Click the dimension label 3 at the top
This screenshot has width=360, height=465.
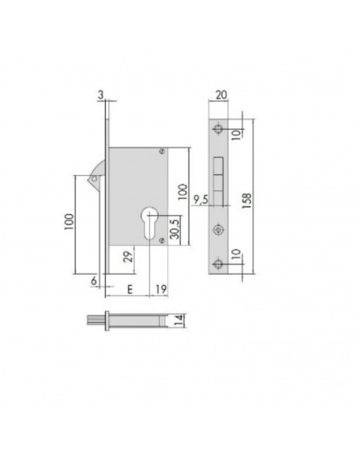pos(101,96)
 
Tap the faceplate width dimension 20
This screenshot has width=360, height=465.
pos(221,95)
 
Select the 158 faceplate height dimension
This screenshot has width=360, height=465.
pos(247,201)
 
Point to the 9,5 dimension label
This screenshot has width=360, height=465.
pos(201,200)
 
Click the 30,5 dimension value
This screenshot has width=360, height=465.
pos(175,229)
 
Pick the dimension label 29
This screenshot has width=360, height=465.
pos(128,256)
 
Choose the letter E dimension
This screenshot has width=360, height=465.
pos(130,289)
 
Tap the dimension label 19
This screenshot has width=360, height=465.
pos(162,289)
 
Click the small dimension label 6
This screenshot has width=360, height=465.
pos(94,280)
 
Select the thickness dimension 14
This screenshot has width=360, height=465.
pos(179,321)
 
